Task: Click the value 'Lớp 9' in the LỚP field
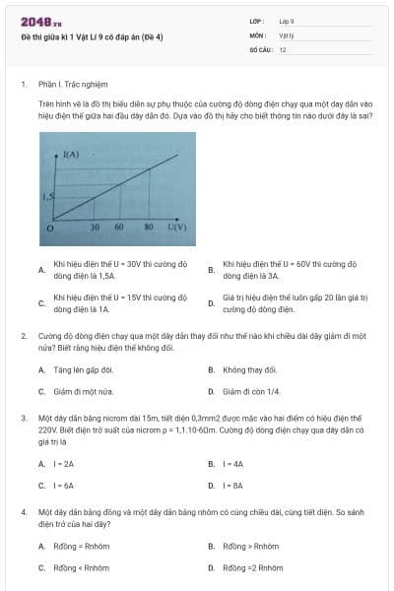coord(287,21)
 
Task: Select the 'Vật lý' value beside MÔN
coord(287,34)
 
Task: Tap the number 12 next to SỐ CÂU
coord(283,48)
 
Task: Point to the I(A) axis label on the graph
coord(71,155)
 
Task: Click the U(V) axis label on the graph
coord(176,227)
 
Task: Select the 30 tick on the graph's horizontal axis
coord(95,228)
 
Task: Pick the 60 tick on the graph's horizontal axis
coord(119,228)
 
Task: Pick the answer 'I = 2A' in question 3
coord(64,463)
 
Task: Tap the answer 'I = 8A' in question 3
coord(233,486)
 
